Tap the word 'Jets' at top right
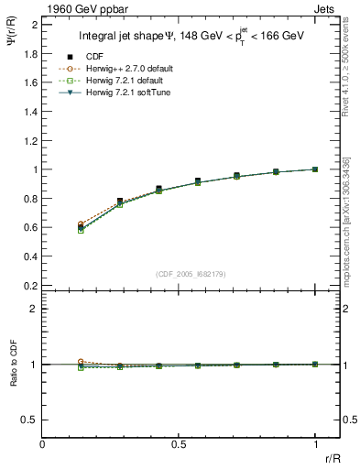327,8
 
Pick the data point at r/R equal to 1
315,169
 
